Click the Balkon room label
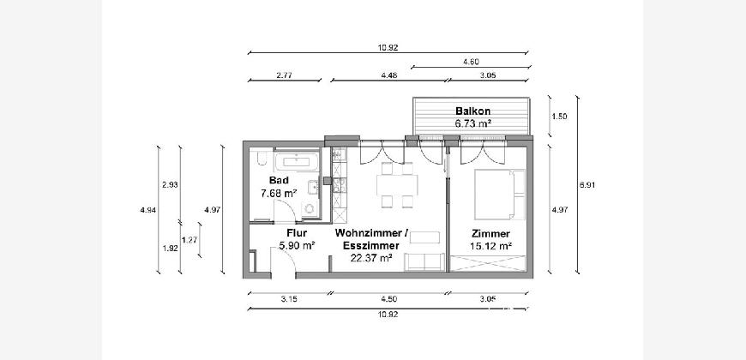click(473, 111)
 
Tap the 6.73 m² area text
click(473, 123)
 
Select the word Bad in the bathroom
click(279, 180)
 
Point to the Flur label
click(297, 233)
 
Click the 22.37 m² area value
click(370, 258)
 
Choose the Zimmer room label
click(491, 233)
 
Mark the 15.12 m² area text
click(491, 246)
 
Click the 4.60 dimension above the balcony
click(471, 62)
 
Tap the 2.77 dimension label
click(284, 75)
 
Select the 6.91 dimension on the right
click(587, 185)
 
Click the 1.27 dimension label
click(190, 240)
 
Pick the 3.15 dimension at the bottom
click(288, 298)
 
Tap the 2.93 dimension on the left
click(170, 185)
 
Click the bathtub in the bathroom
click(296, 162)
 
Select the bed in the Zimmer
click(500, 195)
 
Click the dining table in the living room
click(397, 185)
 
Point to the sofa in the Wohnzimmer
click(424, 262)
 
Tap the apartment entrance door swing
click(284, 261)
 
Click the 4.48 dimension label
click(389, 75)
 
